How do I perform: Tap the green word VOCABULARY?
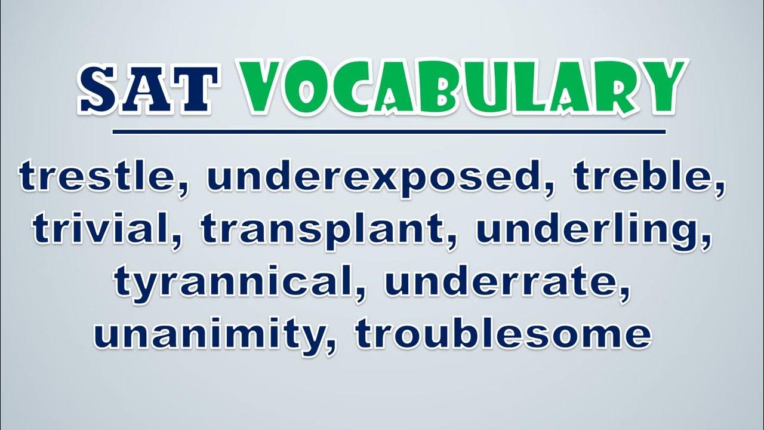click(x=464, y=87)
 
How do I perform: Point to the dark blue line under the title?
click(x=389, y=132)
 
